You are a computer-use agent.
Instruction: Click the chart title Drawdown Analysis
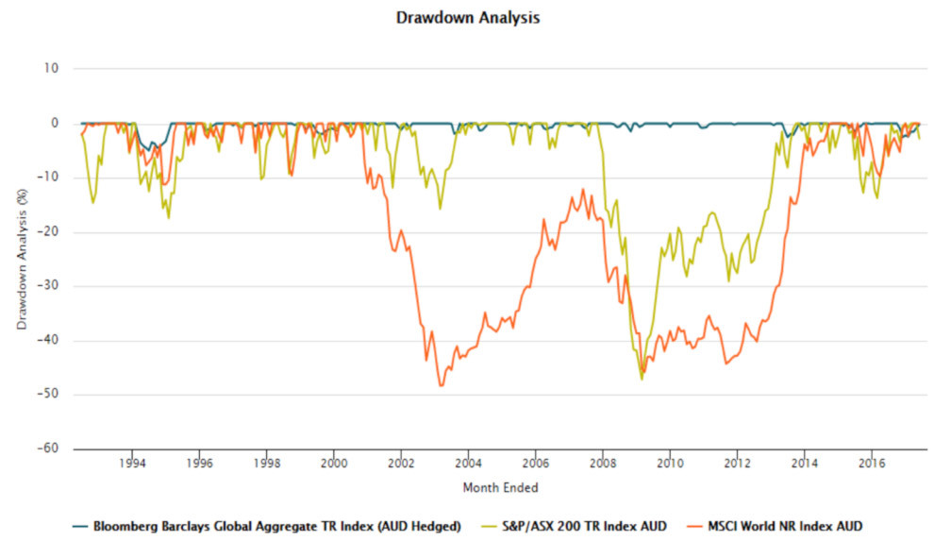click(x=468, y=17)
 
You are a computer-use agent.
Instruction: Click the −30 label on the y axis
click(x=47, y=286)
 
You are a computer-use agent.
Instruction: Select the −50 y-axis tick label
click(x=47, y=395)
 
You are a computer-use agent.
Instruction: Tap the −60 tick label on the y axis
click(x=47, y=449)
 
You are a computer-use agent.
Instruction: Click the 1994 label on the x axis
click(x=132, y=465)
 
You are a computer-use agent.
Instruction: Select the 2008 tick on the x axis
click(x=603, y=465)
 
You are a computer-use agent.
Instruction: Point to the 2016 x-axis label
click(x=872, y=465)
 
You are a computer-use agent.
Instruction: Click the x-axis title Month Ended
click(x=500, y=487)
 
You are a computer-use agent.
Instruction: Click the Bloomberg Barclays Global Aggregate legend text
click(x=276, y=526)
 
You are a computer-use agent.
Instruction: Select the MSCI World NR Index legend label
click(x=785, y=526)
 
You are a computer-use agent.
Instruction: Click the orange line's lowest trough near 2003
click(x=441, y=385)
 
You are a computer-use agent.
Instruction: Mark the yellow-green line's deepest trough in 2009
click(x=642, y=379)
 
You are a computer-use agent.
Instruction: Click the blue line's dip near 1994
click(x=147, y=151)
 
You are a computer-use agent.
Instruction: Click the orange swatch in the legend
click(x=694, y=526)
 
